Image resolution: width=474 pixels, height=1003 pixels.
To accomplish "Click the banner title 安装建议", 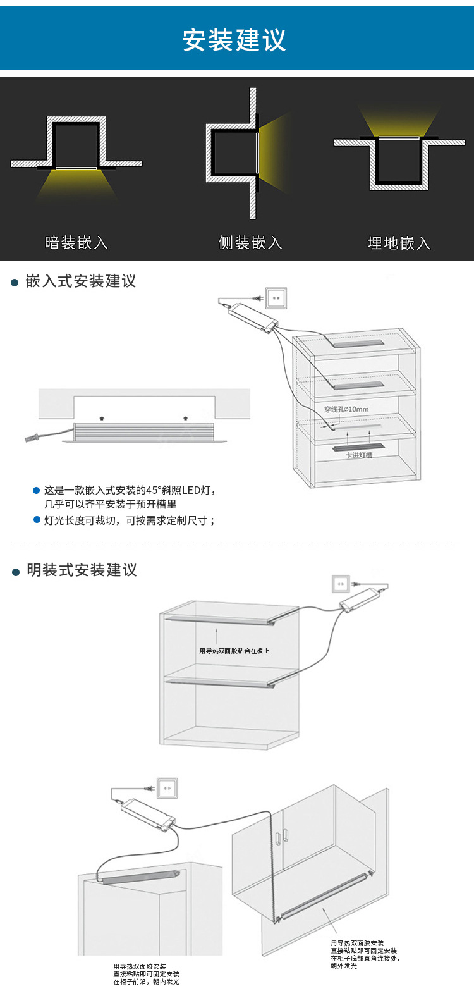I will (234, 40).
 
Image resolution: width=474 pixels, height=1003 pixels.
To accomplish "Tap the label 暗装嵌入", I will (76, 243).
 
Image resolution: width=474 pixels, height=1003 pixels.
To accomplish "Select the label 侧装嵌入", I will (250, 243).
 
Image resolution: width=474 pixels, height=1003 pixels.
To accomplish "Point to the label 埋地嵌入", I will (399, 243).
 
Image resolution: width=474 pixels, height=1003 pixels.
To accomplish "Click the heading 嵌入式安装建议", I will (81, 281).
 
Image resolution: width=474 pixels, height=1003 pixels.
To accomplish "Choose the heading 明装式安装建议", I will (82, 570).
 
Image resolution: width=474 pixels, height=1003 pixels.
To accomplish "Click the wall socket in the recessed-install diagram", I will (276, 297).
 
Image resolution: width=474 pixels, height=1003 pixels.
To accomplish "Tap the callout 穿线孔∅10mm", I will (346, 409).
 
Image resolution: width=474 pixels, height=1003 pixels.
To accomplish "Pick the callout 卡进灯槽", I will (358, 455).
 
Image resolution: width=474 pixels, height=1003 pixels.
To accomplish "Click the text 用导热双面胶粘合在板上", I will (234, 651).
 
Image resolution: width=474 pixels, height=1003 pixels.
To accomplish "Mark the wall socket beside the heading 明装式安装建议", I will (341, 584).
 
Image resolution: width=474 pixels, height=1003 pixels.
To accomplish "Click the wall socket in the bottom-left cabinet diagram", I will (167, 788).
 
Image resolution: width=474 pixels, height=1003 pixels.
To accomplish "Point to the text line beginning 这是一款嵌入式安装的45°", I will (130, 490).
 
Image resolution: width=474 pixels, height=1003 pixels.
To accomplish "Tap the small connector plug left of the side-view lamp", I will (32, 437).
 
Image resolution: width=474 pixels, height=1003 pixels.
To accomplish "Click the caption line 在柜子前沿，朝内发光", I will (146, 982).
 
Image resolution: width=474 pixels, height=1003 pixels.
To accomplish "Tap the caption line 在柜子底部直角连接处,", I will (365, 958).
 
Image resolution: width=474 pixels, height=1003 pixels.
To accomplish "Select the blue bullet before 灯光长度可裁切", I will (37, 520).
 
